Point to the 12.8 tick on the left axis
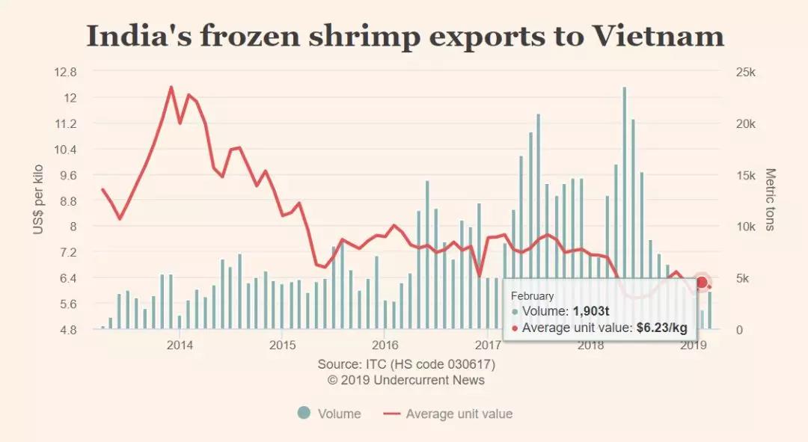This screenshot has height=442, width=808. [67, 73]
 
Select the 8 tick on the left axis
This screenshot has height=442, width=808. [73, 227]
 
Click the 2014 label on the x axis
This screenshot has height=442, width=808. [180, 346]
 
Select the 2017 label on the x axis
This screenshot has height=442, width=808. [488, 346]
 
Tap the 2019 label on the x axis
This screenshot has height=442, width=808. [694, 346]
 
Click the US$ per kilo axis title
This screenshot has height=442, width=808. [39, 200]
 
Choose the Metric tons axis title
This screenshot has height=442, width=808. [770, 200]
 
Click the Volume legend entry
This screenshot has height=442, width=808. [329, 414]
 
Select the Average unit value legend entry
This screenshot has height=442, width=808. [448, 414]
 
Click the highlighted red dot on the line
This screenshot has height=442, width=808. [701, 282]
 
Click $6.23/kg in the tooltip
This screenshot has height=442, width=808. [661, 328]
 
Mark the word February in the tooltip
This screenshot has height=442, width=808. [532, 296]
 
